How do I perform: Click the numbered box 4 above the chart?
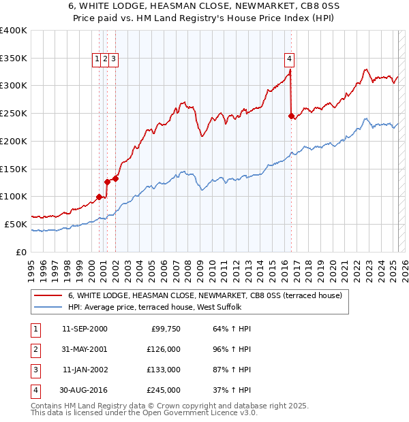click(x=290, y=59)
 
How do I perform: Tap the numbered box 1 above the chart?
click(x=97, y=59)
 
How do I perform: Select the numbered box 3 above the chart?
click(x=113, y=59)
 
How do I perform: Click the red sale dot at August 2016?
click(x=291, y=116)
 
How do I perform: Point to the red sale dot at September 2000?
click(x=99, y=197)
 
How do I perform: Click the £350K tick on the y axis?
click(x=14, y=58)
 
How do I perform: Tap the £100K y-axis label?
click(x=14, y=196)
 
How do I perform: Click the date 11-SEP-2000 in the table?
click(x=85, y=329)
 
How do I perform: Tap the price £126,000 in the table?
click(x=164, y=349)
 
